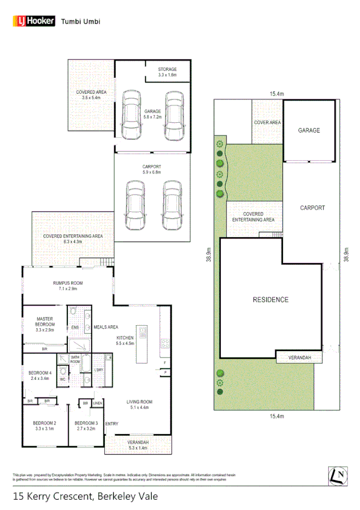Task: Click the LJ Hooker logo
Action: pos(33,21)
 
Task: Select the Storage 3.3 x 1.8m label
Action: pos(168,72)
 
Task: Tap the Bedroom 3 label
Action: pos(86,426)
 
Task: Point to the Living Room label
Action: pos(139,405)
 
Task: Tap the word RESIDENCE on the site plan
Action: pos(270,299)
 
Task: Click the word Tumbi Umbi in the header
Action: pos(81,21)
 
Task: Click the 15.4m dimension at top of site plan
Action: pos(276,94)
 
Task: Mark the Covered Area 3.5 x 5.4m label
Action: pos(91,95)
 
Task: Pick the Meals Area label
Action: pos(105,327)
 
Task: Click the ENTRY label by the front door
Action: pos(111,424)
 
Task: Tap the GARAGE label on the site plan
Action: pos(309,130)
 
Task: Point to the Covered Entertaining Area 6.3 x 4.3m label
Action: pos(73,239)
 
